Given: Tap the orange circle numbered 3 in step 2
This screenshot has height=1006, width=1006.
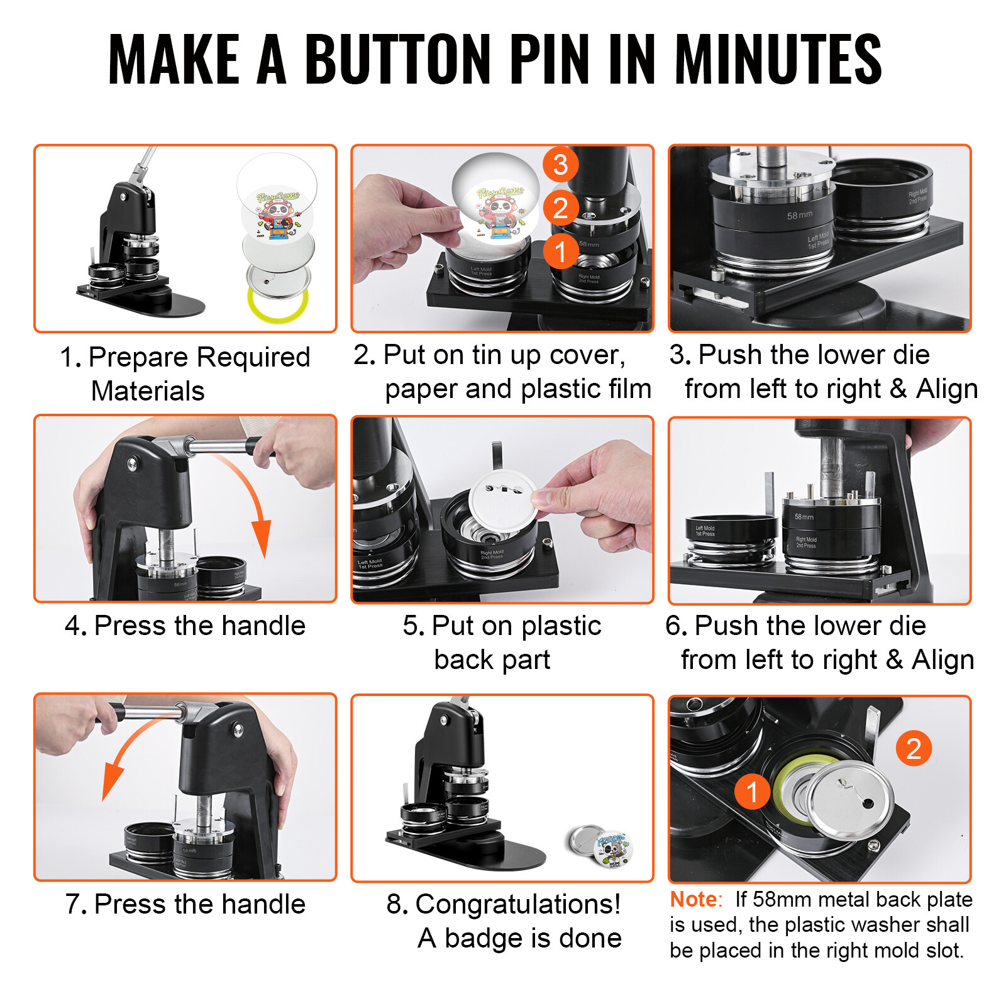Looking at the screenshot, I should click(560, 165).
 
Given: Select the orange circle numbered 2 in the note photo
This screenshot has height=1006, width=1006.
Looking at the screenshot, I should click(914, 748).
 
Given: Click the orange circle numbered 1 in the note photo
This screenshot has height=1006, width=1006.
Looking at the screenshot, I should click(752, 792).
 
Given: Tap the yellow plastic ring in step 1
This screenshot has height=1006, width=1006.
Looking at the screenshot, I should click(277, 306).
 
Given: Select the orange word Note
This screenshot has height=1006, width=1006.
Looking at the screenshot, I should click(694, 899).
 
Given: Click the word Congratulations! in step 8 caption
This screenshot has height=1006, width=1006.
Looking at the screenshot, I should click(517, 904).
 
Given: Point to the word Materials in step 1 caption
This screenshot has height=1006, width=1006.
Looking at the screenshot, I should click(148, 391).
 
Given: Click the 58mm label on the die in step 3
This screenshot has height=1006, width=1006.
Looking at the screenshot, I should click(799, 216).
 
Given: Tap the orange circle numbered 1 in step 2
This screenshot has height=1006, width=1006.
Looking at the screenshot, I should click(560, 251).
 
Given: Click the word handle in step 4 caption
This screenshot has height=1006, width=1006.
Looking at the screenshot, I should click(263, 626).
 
